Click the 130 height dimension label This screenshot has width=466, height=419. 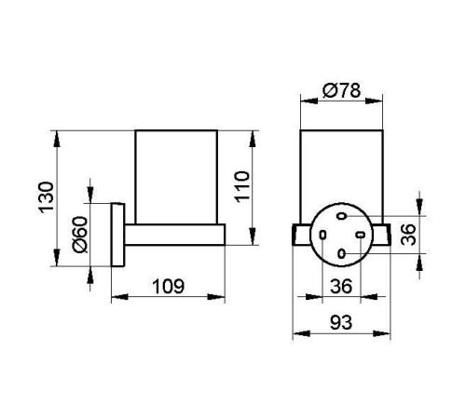tap(46, 197)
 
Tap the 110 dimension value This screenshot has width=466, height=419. tap(242, 186)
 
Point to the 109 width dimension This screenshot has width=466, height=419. tap(169, 286)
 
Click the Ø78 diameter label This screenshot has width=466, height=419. tap(342, 90)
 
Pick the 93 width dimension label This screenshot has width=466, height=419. tap(341, 322)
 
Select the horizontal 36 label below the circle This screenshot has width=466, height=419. tap(341, 286)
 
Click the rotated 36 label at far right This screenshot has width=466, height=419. tap(408, 235)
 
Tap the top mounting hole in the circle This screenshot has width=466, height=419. tap(342, 216)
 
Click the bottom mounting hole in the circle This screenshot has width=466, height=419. tap(341, 254)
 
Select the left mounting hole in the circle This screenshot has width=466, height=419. tap(322, 235)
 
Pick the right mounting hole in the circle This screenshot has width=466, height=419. tap(361, 235)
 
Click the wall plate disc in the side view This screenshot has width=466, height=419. tap(117, 235)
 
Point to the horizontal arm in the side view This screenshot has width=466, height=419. tap(175, 235)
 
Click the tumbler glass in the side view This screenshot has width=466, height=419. tap(176, 177)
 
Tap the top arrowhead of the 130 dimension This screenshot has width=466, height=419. tap(57, 138)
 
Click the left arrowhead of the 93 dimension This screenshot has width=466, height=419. tap(301, 333)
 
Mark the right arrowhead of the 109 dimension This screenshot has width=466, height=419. tap(216, 297)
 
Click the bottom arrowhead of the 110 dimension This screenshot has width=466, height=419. tap(253, 237)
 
